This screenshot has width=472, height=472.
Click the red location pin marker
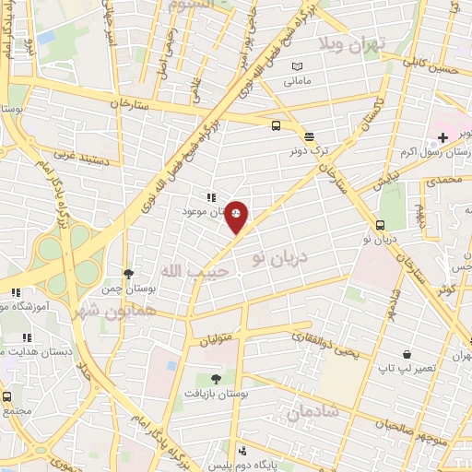(237, 217)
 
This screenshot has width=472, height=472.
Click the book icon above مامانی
(297, 66)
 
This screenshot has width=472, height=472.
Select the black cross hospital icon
(443, 138)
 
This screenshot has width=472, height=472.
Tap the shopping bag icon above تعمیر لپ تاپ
(407, 354)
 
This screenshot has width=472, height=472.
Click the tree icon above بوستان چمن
(128, 274)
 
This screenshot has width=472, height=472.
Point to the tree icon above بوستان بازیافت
(216, 378)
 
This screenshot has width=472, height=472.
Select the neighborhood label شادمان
(313, 412)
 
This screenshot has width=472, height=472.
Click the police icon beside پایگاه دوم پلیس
(242, 451)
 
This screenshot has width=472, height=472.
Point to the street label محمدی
(449, 181)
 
